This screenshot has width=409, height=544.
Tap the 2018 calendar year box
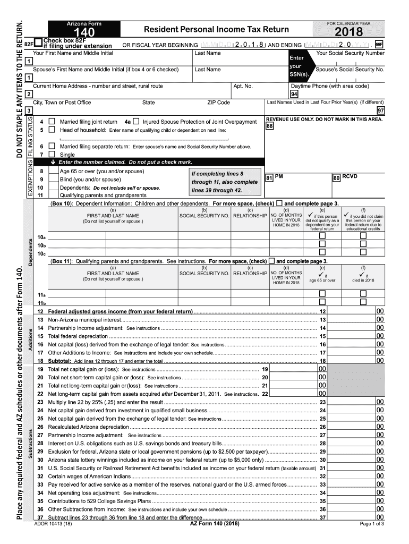click(348, 33)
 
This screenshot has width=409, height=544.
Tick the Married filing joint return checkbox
click(52, 122)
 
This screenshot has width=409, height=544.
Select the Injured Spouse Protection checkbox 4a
click(136, 122)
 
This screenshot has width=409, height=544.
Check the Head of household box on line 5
click(52, 130)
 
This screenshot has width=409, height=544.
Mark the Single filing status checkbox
click(52, 154)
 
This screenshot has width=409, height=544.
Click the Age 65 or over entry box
click(53, 172)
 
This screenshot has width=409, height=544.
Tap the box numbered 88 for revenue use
click(270, 126)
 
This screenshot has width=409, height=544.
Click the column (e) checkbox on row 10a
click(322, 236)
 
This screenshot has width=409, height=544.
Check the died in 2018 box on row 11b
click(363, 302)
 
